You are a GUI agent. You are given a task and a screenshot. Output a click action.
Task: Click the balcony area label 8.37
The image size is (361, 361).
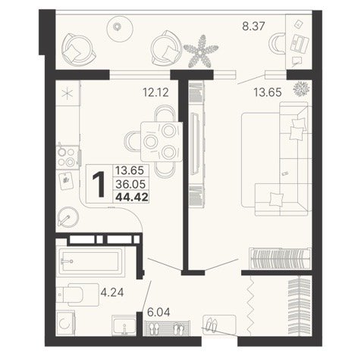coord(253,26)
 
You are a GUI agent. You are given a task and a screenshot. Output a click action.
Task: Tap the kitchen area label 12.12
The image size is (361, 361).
coord(155,92)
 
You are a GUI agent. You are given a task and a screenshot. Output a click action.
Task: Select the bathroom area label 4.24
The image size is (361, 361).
coord(112,292)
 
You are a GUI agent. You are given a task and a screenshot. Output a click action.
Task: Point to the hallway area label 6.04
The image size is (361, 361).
coord(159,313)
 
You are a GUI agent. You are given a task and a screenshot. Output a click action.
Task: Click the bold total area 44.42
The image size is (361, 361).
coord(132,197)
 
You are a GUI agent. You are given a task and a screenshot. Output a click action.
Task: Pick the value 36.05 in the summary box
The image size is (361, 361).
coord(130,185)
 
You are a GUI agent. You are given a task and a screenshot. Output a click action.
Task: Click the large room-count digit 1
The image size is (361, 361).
coord(99,184)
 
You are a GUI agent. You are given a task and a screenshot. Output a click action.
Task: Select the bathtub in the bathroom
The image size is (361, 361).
coord(92,262)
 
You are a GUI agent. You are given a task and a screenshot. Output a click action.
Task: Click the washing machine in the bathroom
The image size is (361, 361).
coord(65,323)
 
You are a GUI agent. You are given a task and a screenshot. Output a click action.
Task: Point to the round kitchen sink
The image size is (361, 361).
coord(68,217)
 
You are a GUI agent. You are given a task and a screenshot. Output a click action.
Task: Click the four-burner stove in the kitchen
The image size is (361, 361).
coord(67,157)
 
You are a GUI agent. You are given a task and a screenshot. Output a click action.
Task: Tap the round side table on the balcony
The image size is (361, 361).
coord(120,29)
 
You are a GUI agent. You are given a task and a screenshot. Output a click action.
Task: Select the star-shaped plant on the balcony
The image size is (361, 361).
coord(201,51)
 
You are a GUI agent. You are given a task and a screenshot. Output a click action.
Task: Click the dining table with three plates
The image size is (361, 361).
coord(162,142)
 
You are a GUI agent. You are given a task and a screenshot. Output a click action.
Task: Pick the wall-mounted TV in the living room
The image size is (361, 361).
coord(195,143)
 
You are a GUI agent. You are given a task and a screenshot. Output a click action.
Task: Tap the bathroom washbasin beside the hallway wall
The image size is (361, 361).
coord(124,325)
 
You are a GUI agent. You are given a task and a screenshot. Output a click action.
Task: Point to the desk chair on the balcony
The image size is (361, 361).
coord(278,43)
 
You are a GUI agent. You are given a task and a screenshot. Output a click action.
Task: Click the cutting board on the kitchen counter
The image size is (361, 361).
coord(66,181)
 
